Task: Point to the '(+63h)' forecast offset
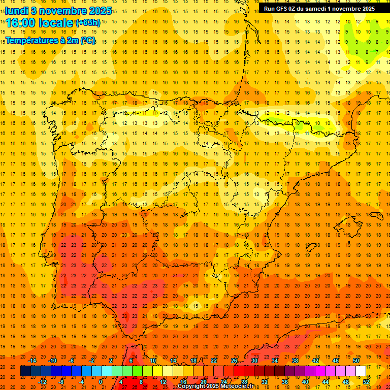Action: pyautogui.click(x=87, y=22)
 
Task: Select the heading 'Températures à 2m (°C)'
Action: pyautogui.click(x=50, y=40)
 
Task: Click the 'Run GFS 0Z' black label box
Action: pyautogui.click(x=319, y=9)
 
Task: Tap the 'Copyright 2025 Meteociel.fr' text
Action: pyautogui.click(x=215, y=386)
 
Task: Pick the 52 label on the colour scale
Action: pyautogui.click(x=367, y=382)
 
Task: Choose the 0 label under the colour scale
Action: pyautogui.click(x=101, y=382)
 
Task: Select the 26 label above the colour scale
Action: pyautogui.click(x=234, y=361)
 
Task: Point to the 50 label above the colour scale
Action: pyautogui.click(x=356, y=361)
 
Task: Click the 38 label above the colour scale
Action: pyautogui.click(x=295, y=361)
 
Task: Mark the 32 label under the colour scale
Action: pyautogui.click(x=265, y=382)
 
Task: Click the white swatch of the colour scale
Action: pyautogui.click(x=361, y=371)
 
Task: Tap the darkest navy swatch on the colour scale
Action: pyautogui.click(x=25, y=371)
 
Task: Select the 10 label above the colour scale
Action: pyautogui.click(x=153, y=361)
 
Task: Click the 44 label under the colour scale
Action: pyautogui.click(x=326, y=382)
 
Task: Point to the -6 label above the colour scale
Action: pyautogui.click(x=72, y=361)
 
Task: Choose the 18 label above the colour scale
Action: pyautogui.click(x=193, y=361)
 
